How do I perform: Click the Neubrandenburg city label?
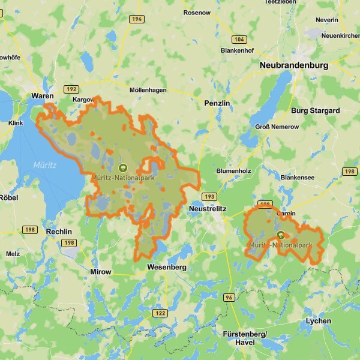tap(293, 65)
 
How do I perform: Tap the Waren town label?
tap(43, 96)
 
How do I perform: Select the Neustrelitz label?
tap(207, 208)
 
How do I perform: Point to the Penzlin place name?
tap(217, 103)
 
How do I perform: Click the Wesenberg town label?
tap(167, 266)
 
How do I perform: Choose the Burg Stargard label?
tap(315, 110)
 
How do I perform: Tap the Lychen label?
tap(318, 321)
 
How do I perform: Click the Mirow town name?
tap(100, 272)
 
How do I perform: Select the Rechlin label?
tap(59, 232)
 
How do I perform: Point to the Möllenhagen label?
tap(148, 90)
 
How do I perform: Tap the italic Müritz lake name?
tap(44, 164)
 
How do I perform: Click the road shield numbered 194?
tap(136, 19)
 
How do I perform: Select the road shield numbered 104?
tap(239, 39)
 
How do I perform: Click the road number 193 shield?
tap(209, 197)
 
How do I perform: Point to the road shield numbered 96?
tap(229, 298)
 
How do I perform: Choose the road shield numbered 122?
tap(160, 313)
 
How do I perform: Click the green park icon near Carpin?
tap(280, 235)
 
